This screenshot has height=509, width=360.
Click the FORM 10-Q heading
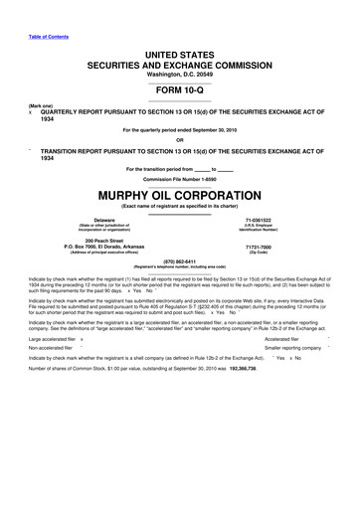(180, 86)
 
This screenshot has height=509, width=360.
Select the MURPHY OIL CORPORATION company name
(180, 191)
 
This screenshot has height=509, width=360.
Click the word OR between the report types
(180, 138)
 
